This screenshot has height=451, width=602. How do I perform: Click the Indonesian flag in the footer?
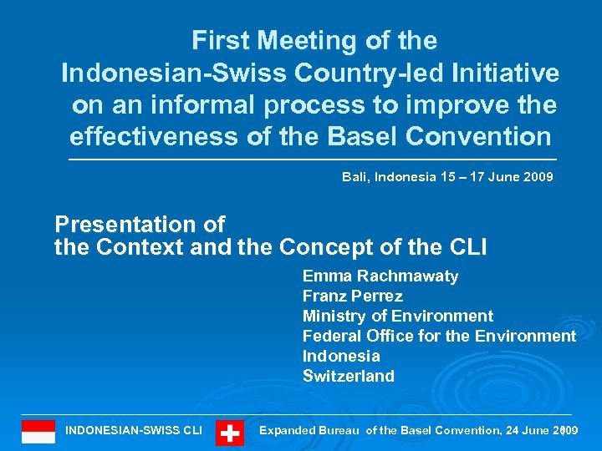(x=38, y=431)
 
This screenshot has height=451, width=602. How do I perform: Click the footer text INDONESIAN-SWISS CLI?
(x=134, y=430)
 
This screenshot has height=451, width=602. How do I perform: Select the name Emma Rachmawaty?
(x=380, y=276)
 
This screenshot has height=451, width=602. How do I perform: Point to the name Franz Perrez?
(x=352, y=296)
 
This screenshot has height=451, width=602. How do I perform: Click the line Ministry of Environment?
(x=397, y=317)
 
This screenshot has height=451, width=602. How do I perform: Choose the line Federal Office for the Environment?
(x=439, y=337)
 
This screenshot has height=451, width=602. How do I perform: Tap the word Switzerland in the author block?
(x=348, y=377)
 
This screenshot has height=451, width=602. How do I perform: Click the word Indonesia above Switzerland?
(x=341, y=357)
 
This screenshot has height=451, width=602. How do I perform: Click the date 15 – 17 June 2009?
(x=498, y=177)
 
